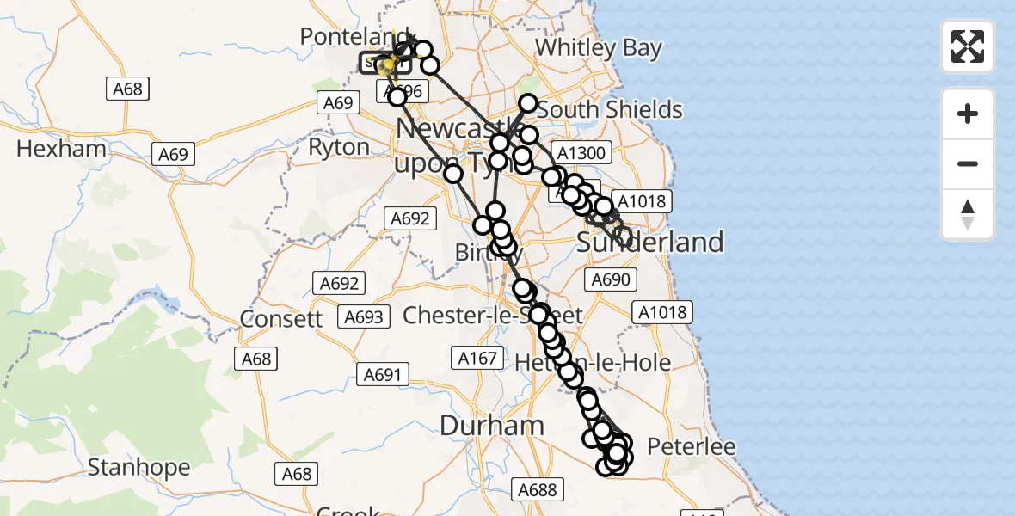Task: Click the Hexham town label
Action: (x=61, y=149)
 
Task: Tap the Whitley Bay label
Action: (x=599, y=47)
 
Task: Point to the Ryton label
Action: (x=338, y=147)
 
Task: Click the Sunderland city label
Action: (x=650, y=243)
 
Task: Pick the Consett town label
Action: (x=281, y=318)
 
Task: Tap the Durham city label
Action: (x=492, y=425)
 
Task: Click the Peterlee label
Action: (x=691, y=447)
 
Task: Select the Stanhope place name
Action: (x=139, y=468)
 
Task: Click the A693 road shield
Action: (x=364, y=317)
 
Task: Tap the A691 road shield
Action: (x=383, y=374)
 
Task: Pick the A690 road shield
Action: (x=612, y=279)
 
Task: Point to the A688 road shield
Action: (x=538, y=490)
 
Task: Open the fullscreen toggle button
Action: (x=968, y=46)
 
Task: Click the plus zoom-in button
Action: (x=968, y=114)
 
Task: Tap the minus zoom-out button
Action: (x=968, y=163)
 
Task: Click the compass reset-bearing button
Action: (x=968, y=214)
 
